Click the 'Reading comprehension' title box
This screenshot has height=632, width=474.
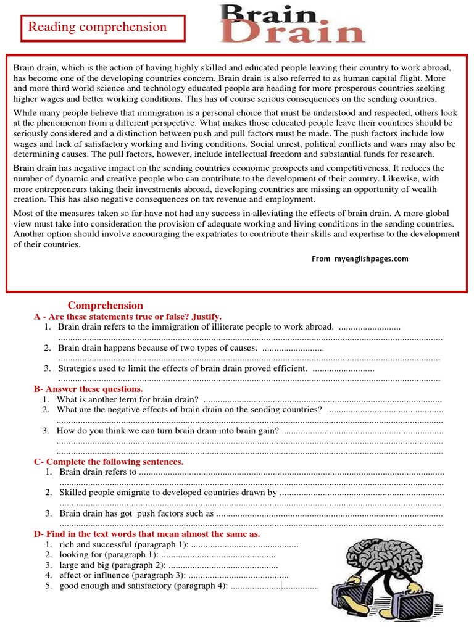102,28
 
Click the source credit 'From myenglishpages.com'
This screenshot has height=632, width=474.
360,259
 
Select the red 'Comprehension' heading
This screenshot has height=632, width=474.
105,306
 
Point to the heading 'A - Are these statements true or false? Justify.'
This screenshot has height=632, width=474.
128,317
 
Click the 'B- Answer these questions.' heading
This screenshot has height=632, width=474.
88,389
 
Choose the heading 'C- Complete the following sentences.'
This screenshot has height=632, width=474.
109,462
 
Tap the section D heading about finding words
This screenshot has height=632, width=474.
147,534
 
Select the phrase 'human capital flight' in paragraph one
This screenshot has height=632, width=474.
347,78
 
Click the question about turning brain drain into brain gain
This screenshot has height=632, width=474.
167,431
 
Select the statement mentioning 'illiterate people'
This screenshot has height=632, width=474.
196,327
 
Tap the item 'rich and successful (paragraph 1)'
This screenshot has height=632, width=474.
124,545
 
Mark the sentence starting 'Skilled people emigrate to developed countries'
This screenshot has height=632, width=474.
168,493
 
